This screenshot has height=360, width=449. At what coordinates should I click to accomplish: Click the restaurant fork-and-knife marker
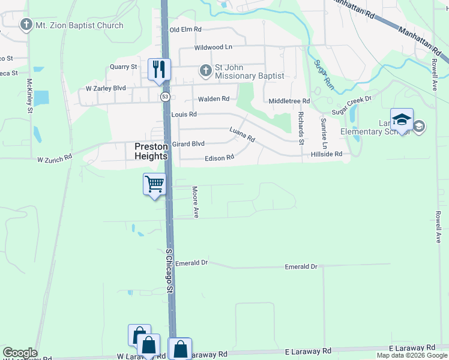tap(159, 69)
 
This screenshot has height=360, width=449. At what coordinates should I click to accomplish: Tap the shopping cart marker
tap(154, 184)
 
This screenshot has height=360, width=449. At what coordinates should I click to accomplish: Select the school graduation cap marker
tap(402, 118)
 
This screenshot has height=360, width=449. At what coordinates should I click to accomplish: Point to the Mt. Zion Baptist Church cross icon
tap(25, 25)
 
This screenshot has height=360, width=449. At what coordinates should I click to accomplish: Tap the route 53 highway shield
tap(165, 96)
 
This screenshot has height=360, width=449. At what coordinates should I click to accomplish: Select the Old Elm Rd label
tap(185, 29)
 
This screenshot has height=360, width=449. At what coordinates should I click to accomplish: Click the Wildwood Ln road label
tap(212, 47)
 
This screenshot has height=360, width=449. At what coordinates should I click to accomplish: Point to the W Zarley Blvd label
tap(106, 88)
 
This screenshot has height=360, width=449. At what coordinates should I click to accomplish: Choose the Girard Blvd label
tap(188, 144)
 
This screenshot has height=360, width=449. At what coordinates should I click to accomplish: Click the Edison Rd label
tap(219, 158)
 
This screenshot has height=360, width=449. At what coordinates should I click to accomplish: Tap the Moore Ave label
tap(195, 201)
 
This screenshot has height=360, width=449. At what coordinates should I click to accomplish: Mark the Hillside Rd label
tap(326, 154)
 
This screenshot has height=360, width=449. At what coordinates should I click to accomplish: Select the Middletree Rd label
tap(289, 101)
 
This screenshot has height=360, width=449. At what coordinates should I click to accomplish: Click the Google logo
tap(20, 353)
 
